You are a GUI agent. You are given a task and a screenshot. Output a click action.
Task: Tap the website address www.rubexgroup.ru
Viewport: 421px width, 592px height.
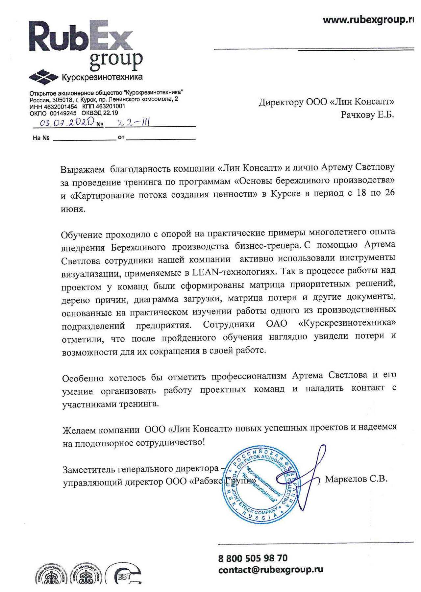pyautogui.click(x=368, y=20)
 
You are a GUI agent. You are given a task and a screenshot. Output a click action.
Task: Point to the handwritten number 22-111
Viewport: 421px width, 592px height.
pyautogui.click(x=129, y=123)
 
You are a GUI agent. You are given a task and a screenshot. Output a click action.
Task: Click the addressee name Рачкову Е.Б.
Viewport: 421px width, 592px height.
pyautogui.click(x=367, y=115)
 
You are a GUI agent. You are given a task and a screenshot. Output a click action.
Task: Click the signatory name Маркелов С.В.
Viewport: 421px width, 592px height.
pyautogui.click(x=356, y=479)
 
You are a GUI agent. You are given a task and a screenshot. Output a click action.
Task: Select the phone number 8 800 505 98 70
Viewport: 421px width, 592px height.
pyautogui.click(x=253, y=558)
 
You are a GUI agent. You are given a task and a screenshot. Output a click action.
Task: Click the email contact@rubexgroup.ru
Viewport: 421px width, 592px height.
pyautogui.click(x=270, y=570)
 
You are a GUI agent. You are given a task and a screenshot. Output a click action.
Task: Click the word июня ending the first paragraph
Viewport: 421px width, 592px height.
pyautogui.click(x=73, y=209)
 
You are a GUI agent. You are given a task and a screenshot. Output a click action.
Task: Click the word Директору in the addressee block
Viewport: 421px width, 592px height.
pyautogui.click(x=281, y=102)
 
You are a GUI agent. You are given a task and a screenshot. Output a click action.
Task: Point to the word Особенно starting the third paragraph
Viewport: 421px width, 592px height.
pyautogui.click(x=83, y=378)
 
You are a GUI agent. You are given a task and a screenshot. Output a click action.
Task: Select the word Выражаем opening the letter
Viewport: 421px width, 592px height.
pyautogui.click(x=83, y=170)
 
